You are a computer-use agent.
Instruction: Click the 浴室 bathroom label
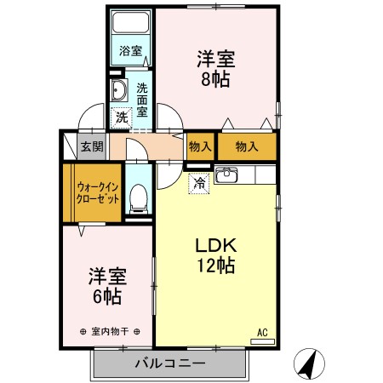(130, 50)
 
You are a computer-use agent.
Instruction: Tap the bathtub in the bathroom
(131, 24)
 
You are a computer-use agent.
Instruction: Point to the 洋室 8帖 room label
(215, 69)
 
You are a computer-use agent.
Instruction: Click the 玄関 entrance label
(92, 146)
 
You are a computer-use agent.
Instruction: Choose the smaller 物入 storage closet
(200, 146)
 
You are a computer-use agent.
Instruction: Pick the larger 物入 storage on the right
(247, 146)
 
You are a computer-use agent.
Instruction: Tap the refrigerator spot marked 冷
(199, 182)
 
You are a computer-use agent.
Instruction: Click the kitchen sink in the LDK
(226, 176)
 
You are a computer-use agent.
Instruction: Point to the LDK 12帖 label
(214, 254)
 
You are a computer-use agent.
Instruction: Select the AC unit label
(262, 333)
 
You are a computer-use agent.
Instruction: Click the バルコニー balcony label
(169, 363)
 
